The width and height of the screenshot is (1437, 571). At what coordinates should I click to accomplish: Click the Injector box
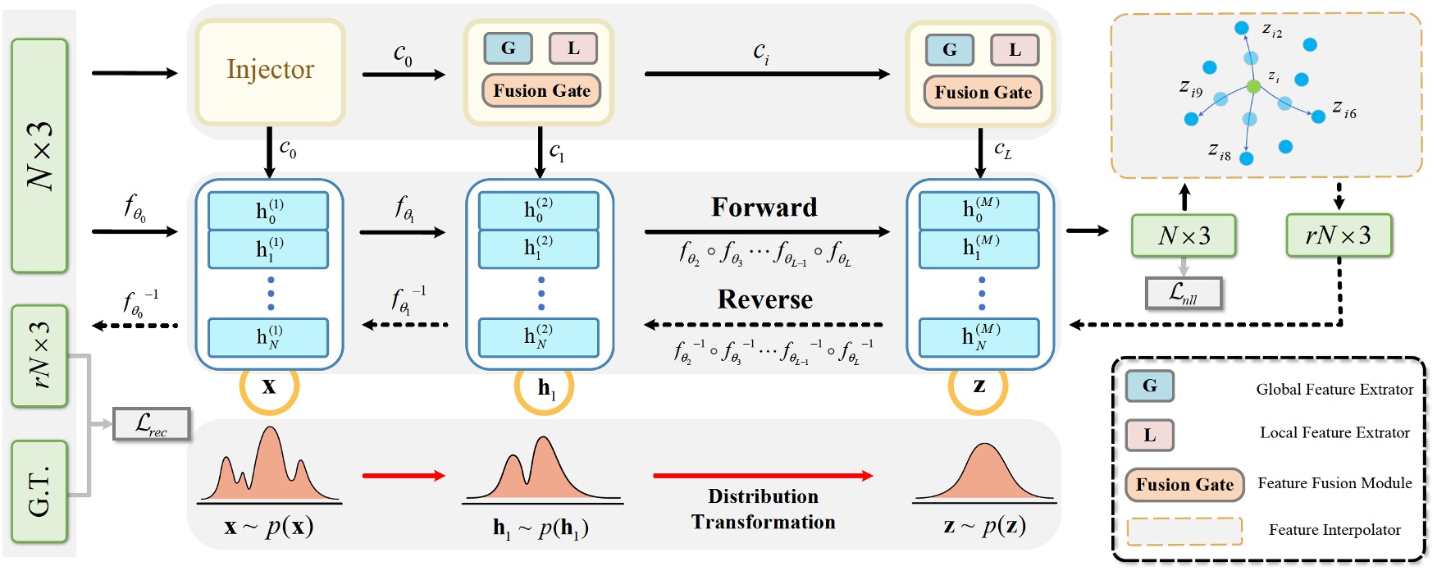(x=270, y=72)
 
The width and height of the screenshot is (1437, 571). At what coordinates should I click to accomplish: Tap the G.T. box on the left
(x=39, y=491)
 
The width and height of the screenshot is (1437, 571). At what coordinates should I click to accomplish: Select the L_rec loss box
(x=151, y=423)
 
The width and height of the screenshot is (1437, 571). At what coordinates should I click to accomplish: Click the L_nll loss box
(x=1184, y=293)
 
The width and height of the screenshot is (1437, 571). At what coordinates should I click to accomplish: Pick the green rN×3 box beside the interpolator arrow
(x=1339, y=235)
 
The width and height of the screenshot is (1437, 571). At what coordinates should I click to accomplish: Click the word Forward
(x=764, y=207)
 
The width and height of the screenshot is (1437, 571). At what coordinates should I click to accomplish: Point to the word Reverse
(x=765, y=299)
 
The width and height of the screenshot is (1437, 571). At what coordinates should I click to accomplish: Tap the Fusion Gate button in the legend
(x=1184, y=485)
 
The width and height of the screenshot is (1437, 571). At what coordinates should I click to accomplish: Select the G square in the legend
(x=1149, y=386)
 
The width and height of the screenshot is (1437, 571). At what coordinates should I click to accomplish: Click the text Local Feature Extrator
(x=1334, y=432)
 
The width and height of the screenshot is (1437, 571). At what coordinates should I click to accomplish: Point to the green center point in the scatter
(x=1252, y=86)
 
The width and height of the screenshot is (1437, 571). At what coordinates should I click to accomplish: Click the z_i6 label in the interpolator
(x=1344, y=109)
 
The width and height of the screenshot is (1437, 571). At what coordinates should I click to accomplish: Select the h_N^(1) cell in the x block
(x=268, y=337)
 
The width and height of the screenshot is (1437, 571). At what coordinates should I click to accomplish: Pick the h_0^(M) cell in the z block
(x=979, y=211)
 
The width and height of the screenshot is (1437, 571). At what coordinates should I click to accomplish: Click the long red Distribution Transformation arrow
(x=763, y=475)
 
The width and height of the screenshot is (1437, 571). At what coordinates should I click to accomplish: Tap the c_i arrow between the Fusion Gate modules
(x=767, y=74)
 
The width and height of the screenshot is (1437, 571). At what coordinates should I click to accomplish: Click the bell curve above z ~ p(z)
(x=984, y=473)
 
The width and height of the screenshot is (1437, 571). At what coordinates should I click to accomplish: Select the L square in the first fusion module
(x=573, y=48)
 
